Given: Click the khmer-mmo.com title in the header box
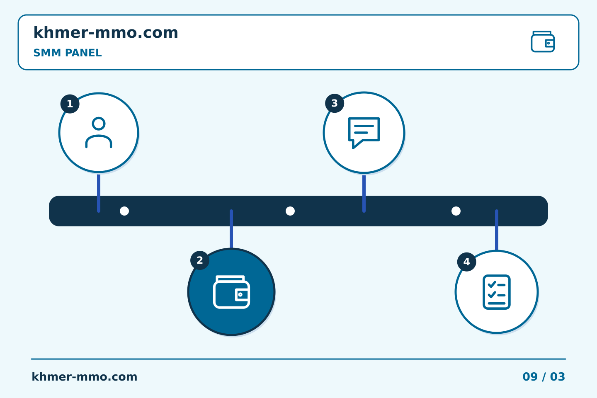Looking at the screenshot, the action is pyautogui.click(x=106, y=32).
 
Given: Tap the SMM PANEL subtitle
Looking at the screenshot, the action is pyautogui.click(x=68, y=53).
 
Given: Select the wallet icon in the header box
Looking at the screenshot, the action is pyautogui.click(x=543, y=41).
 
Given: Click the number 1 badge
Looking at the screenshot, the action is pyautogui.click(x=70, y=104).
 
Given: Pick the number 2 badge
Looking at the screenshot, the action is pyautogui.click(x=200, y=260).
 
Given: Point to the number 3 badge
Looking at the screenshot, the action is pyautogui.click(x=335, y=103).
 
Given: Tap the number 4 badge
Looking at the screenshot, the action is pyautogui.click(x=467, y=262).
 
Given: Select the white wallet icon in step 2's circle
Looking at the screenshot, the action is pyautogui.click(x=231, y=292).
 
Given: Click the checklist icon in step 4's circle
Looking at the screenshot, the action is pyautogui.click(x=497, y=292).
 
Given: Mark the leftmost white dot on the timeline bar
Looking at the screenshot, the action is pyautogui.click(x=124, y=211).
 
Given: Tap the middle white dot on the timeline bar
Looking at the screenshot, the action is pyautogui.click(x=290, y=211).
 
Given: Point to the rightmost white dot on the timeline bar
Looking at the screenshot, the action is pyautogui.click(x=456, y=211).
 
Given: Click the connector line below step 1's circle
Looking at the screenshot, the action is pyautogui.click(x=99, y=193).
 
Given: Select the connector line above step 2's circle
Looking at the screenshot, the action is pyautogui.click(x=231, y=229).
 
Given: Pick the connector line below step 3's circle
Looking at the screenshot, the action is pyautogui.click(x=364, y=194).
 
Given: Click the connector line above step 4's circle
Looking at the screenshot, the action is pyautogui.click(x=497, y=230).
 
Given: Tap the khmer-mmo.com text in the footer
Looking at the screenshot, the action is pyautogui.click(x=84, y=377).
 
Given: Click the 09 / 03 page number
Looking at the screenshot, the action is pyautogui.click(x=544, y=377).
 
